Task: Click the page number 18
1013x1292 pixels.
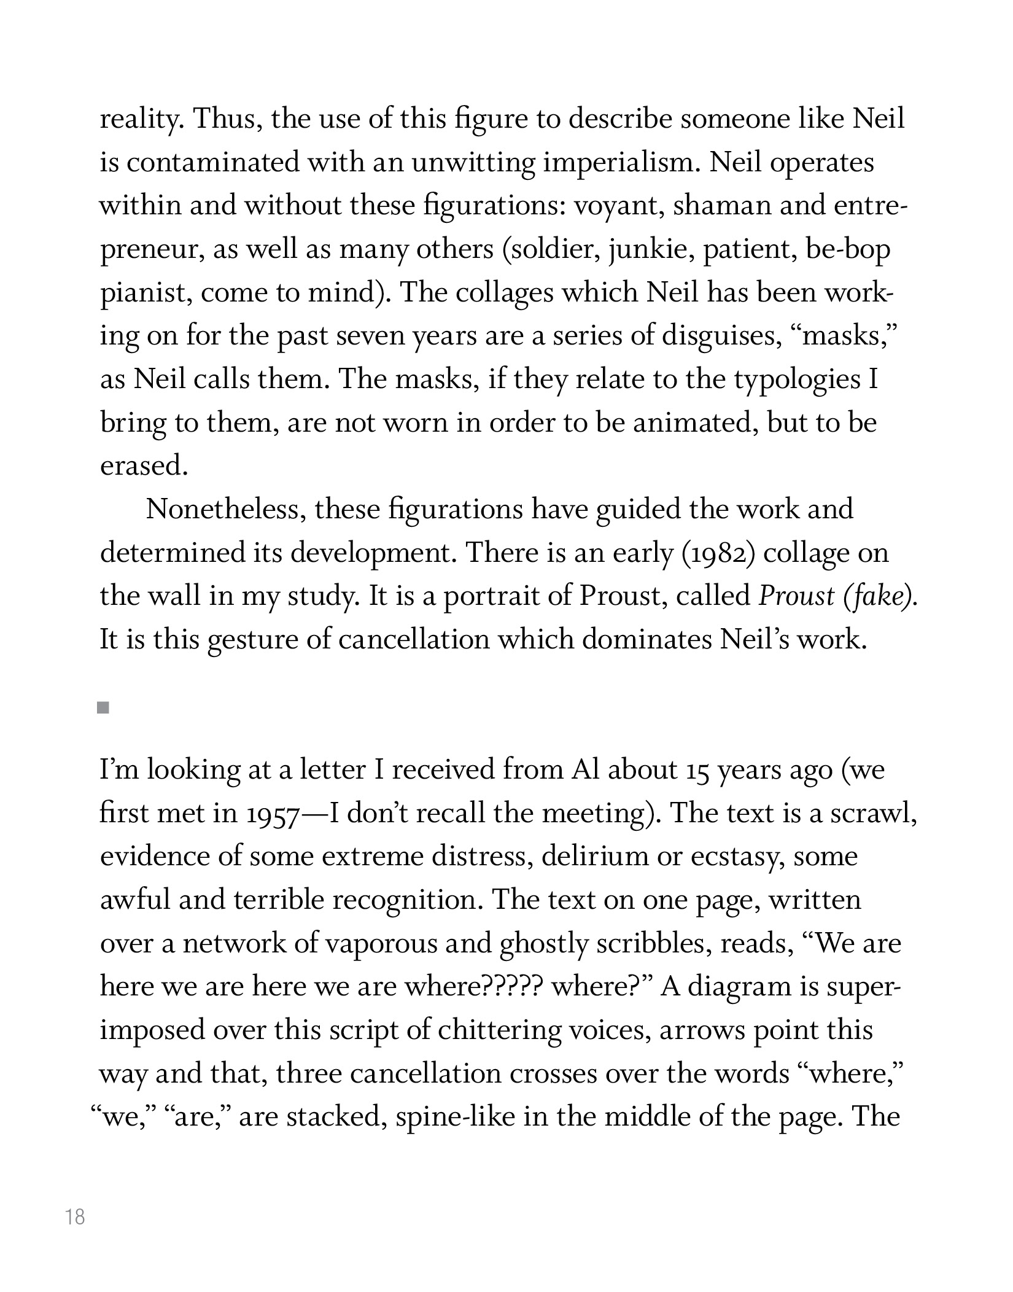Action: click(75, 1216)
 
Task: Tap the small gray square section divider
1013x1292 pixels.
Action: click(103, 709)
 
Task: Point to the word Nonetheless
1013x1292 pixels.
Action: click(225, 510)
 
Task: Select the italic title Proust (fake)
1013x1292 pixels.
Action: click(838, 596)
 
